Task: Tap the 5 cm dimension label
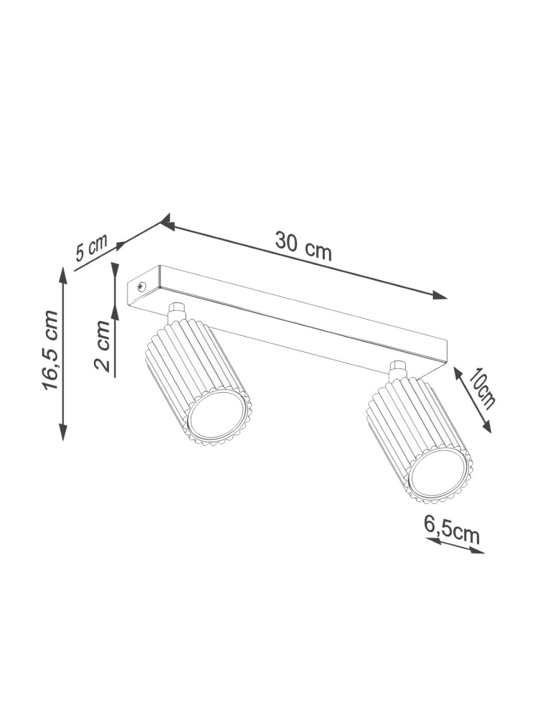tap(91, 248)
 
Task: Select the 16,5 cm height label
tap(50, 350)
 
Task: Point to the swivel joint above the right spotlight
tap(396, 371)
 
